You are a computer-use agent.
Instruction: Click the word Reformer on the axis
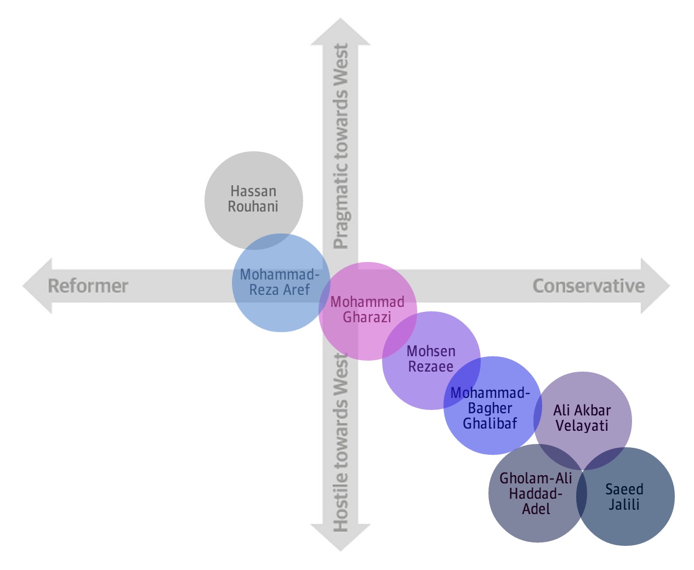point(88,286)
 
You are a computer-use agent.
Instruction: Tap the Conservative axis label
point(588,286)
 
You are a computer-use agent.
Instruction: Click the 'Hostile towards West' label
point(341,442)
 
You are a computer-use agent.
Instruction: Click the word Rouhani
point(253,207)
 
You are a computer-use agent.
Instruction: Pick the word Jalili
point(624,504)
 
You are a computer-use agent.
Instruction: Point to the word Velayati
point(582,425)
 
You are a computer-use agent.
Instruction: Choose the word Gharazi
point(367,317)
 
